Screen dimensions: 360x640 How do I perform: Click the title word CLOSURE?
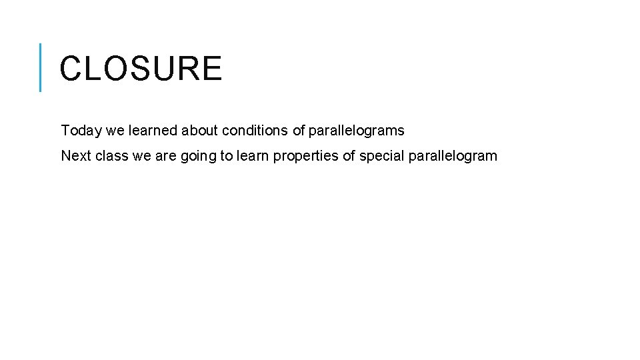click(x=141, y=69)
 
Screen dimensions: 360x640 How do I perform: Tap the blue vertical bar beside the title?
click(x=41, y=67)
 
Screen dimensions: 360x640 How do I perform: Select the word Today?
click(x=79, y=131)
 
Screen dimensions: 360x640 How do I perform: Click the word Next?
click(x=75, y=156)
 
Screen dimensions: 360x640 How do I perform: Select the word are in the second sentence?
click(x=166, y=156)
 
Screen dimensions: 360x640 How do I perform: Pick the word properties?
click(x=305, y=156)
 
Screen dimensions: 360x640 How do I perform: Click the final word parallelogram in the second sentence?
click(x=453, y=156)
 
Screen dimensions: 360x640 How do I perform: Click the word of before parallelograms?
click(x=299, y=131)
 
